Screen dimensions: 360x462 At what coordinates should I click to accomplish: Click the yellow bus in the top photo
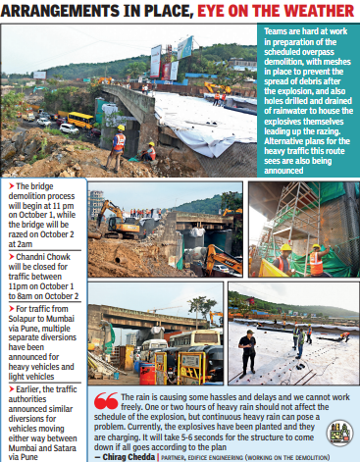tap(80, 120)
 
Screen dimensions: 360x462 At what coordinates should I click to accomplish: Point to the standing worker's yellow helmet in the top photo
tap(121, 128)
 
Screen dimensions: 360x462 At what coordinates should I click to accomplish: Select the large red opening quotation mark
tap(105, 400)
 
